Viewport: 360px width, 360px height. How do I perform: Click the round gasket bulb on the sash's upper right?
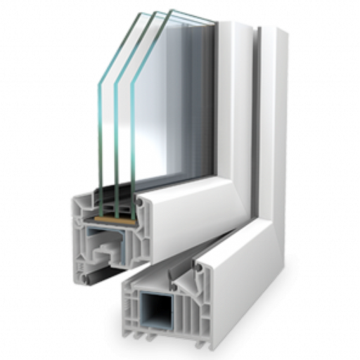(139, 202)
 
